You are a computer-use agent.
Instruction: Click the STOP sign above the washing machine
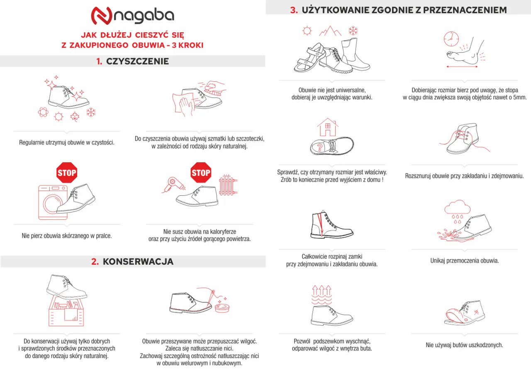point(67,173)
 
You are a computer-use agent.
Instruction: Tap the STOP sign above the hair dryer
point(201,173)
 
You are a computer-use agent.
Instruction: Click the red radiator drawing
point(228,186)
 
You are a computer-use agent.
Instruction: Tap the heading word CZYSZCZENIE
point(137,61)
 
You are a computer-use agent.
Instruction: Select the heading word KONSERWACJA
point(138,262)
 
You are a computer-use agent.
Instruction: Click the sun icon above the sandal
point(307,31)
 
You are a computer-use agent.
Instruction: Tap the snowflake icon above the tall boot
point(353,30)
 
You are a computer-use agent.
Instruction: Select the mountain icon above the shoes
point(330,31)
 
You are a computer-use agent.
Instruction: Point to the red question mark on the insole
point(319,147)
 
